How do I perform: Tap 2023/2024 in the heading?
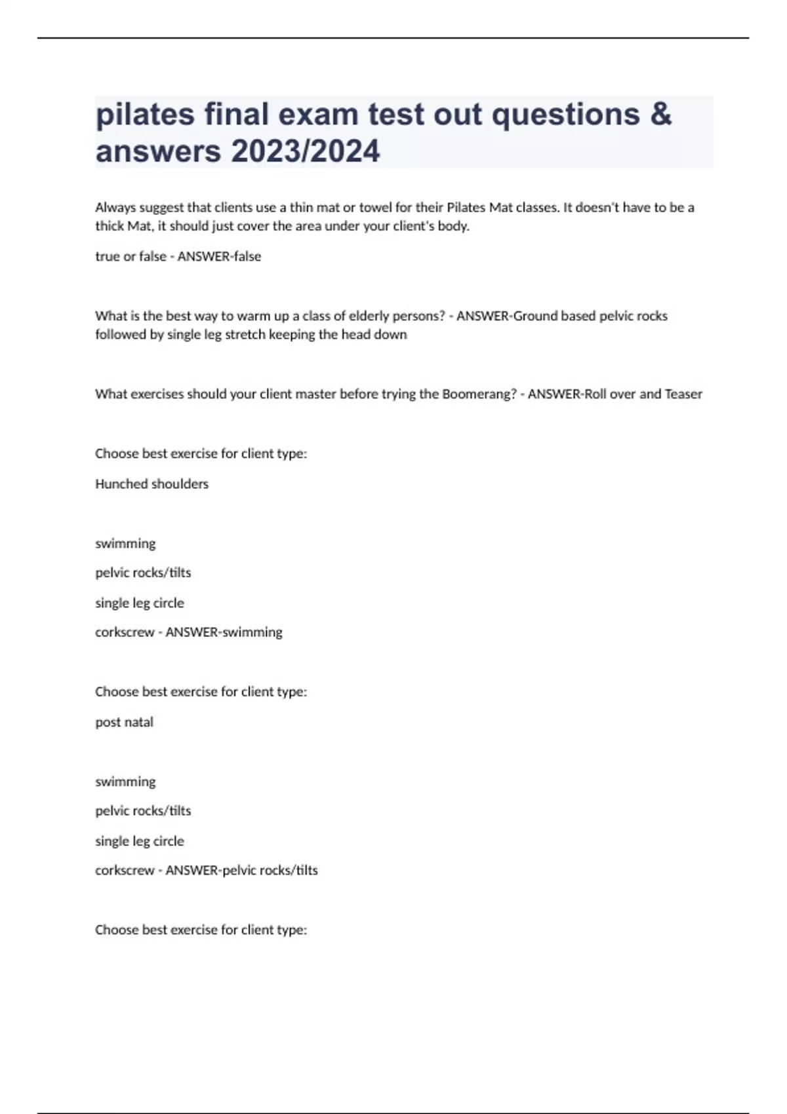coord(305,151)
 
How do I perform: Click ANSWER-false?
coord(219,257)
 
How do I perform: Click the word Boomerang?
coord(479,394)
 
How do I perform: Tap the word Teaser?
coord(683,394)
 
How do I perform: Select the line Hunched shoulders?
coord(151,484)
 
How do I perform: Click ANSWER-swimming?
coord(224,632)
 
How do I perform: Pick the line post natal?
coord(124,722)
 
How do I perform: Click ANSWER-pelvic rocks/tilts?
coord(241,870)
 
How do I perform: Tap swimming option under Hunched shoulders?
coord(125,543)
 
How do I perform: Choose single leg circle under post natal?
coord(139,841)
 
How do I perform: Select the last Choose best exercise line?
coord(201,930)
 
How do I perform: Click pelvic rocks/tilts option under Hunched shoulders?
coord(143,573)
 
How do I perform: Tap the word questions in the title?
coord(565,114)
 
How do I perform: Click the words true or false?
coord(131,257)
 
